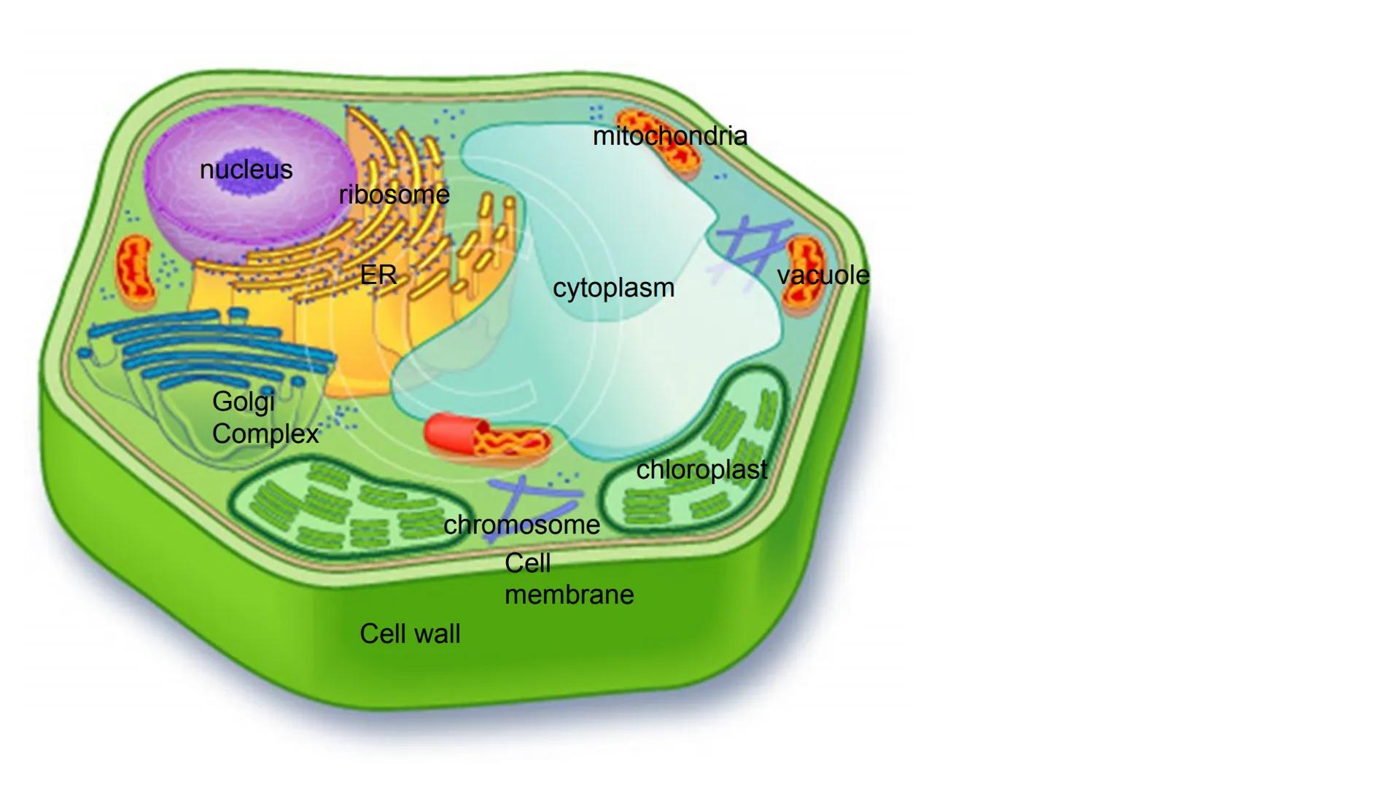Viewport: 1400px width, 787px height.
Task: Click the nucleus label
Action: (x=246, y=170)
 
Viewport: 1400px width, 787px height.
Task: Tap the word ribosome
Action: (x=394, y=195)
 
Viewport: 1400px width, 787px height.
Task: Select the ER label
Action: (x=378, y=275)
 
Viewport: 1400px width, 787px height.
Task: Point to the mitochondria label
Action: (x=669, y=136)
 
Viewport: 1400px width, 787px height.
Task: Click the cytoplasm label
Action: (x=613, y=288)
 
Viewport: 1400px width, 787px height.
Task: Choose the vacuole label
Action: (x=823, y=275)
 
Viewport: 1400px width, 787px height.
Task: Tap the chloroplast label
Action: (x=701, y=470)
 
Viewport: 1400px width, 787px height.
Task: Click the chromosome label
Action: (x=521, y=525)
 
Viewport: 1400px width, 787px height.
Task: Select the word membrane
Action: (x=569, y=595)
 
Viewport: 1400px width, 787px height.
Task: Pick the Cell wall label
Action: (x=410, y=634)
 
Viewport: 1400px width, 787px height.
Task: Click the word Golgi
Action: (x=244, y=402)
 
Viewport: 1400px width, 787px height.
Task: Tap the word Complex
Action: (x=265, y=434)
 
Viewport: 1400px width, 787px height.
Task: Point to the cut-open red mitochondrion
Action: (x=487, y=436)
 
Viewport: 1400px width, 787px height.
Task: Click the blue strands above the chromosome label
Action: (x=532, y=496)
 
